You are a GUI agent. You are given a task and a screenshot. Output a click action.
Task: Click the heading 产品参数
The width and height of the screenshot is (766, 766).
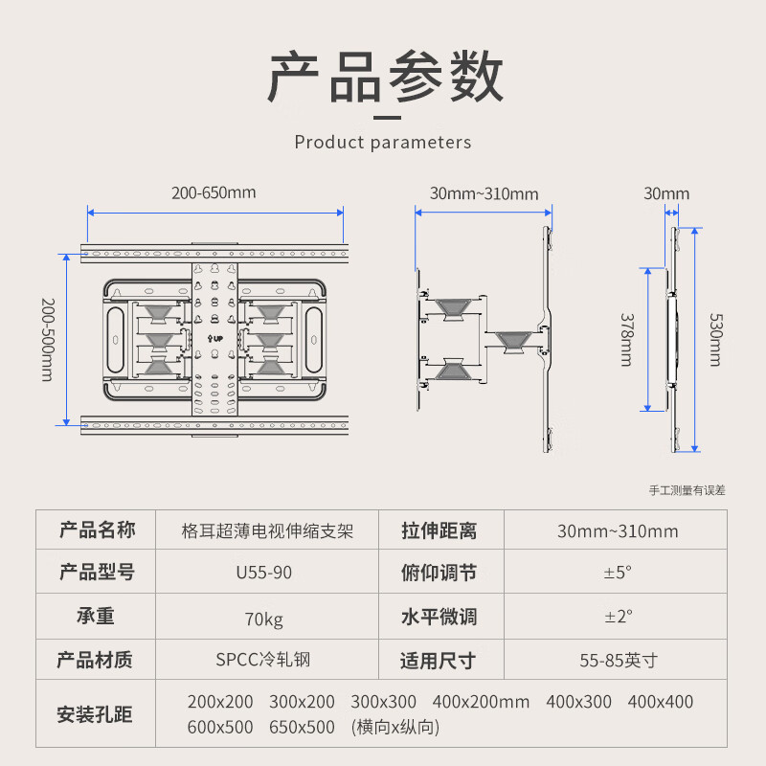[x=383, y=79]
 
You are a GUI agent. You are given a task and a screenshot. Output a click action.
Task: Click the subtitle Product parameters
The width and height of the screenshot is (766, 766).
[x=383, y=143]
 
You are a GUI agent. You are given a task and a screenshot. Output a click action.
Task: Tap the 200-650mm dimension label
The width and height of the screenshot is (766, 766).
[x=214, y=192]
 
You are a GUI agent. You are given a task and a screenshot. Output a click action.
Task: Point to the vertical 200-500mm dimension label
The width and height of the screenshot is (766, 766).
[x=47, y=339]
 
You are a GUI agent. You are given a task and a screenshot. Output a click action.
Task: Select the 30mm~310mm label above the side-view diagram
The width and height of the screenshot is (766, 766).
[x=484, y=194]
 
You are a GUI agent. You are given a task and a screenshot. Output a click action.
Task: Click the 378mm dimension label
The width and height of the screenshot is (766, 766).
[x=625, y=339]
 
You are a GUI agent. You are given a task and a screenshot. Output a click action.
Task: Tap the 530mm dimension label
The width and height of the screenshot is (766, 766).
[x=714, y=339]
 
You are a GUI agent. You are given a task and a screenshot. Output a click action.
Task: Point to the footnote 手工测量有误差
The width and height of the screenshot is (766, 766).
[x=687, y=490]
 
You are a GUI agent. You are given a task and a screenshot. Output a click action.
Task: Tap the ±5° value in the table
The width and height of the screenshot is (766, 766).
[x=618, y=574]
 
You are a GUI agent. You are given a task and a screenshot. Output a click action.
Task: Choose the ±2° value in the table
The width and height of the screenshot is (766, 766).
[x=618, y=618]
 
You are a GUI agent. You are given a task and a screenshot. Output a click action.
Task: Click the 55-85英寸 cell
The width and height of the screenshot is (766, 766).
[x=618, y=661]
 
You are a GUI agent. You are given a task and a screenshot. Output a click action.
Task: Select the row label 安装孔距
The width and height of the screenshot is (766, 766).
[x=96, y=714]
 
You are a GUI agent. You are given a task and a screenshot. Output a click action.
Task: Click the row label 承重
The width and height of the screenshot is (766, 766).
[x=96, y=618]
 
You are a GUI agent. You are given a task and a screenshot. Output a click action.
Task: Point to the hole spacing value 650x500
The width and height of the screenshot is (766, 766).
[x=302, y=728]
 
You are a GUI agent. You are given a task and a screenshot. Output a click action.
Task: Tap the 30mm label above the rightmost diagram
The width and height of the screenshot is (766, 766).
[x=665, y=193]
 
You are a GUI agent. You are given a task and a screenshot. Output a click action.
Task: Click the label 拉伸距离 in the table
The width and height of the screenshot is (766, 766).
[x=439, y=530]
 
